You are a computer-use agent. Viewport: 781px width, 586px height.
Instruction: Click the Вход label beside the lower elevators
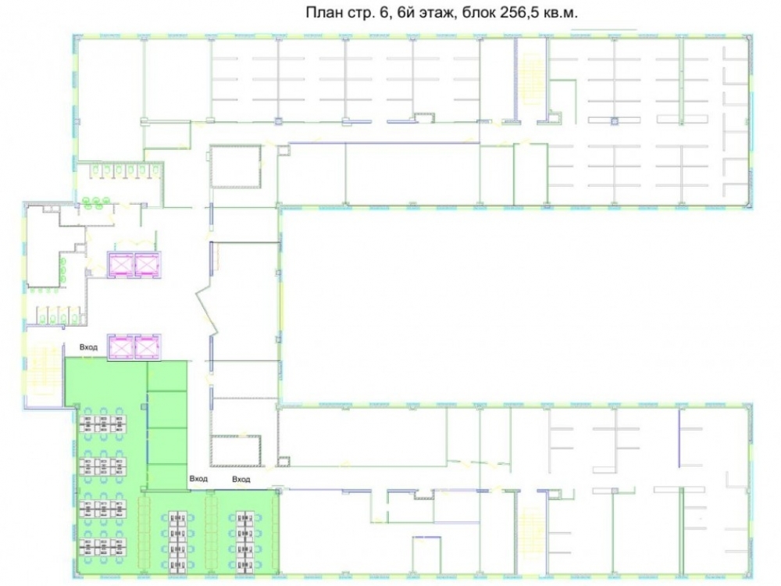pos(89,348)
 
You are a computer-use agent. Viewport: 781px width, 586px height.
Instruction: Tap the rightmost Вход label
pos(241,480)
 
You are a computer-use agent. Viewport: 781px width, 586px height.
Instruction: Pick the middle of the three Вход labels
pos(198,478)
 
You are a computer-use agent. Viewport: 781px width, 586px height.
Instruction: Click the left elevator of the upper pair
pos(120,263)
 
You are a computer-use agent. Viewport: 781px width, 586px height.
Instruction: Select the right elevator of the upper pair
pos(148,263)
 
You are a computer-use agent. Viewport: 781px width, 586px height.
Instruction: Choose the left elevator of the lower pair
pos(120,347)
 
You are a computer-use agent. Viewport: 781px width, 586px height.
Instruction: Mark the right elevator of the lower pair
pos(148,347)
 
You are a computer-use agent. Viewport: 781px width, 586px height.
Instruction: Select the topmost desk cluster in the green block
pos(102,423)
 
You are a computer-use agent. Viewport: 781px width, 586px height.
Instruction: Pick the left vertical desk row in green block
pos(177,540)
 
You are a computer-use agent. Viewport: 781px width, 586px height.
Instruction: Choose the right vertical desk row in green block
pos(244,540)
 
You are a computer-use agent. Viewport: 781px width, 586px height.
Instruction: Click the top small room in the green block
pos(168,377)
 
